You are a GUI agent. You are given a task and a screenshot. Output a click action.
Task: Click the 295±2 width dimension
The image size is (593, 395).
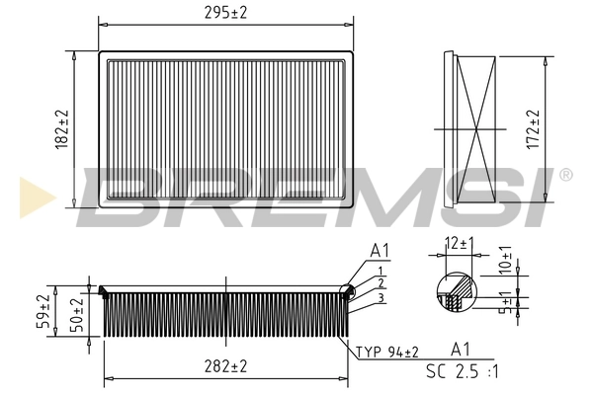point(226,12)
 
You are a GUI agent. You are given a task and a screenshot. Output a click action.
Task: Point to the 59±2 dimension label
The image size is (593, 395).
point(42,309)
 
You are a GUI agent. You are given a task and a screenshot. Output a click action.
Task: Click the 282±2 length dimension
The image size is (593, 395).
point(225,366)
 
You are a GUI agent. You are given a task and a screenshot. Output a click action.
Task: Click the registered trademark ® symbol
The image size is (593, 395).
point(565,176)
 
